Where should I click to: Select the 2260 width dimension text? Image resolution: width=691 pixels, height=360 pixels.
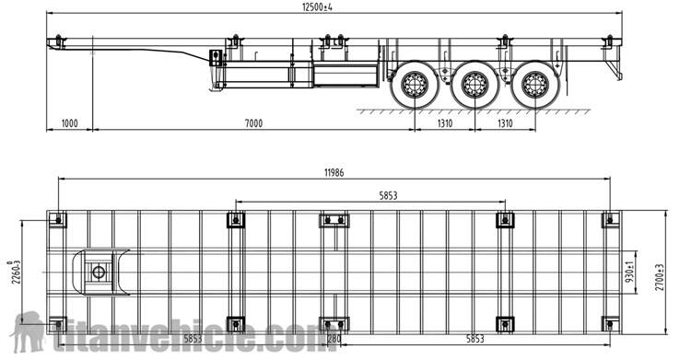9,273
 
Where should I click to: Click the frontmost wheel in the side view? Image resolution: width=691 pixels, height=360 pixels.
414,86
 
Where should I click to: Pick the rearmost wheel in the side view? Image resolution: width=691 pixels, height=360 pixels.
534,86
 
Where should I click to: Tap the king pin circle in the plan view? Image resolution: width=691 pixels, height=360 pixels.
98,271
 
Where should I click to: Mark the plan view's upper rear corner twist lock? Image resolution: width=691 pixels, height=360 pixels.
609,219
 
